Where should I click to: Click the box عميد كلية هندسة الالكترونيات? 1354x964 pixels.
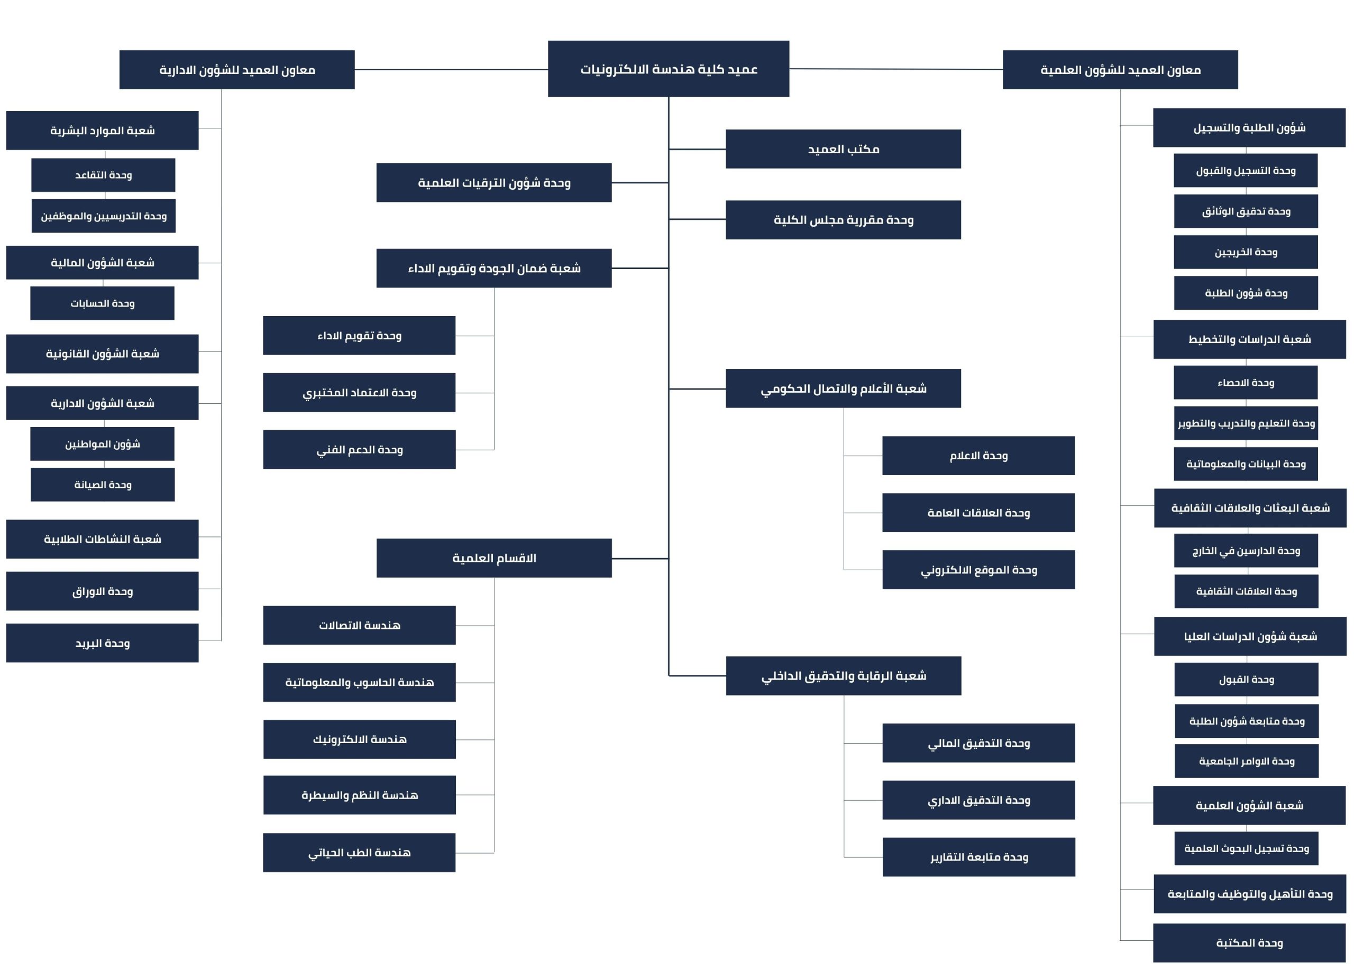pos(668,69)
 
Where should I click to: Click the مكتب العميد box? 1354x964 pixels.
pos(843,149)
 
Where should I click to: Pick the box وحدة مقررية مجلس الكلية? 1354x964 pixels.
pos(843,220)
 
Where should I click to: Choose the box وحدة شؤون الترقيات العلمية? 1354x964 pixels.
pos(493,183)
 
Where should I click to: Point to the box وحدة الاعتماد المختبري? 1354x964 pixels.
pos(359,392)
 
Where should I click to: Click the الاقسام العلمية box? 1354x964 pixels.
pos(493,558)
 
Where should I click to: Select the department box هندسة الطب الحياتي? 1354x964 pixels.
pos(359,852)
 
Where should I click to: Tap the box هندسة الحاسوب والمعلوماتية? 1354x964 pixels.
pos(359,682)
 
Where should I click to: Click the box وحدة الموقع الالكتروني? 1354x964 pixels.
pos(978,570)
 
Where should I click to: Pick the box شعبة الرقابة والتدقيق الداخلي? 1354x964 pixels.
pos(843,675)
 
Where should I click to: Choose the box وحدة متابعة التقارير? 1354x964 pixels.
pos(978,857)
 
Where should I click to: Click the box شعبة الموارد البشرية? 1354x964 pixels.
pos(102,131)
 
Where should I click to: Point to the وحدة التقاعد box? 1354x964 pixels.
pos(103,175)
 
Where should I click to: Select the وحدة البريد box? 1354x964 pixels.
pos(102,643)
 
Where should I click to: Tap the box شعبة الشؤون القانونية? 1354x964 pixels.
pos(102,354)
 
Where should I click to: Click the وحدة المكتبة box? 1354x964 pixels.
pos(1249,943)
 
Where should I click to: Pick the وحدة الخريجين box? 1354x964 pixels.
pos(1246,252)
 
